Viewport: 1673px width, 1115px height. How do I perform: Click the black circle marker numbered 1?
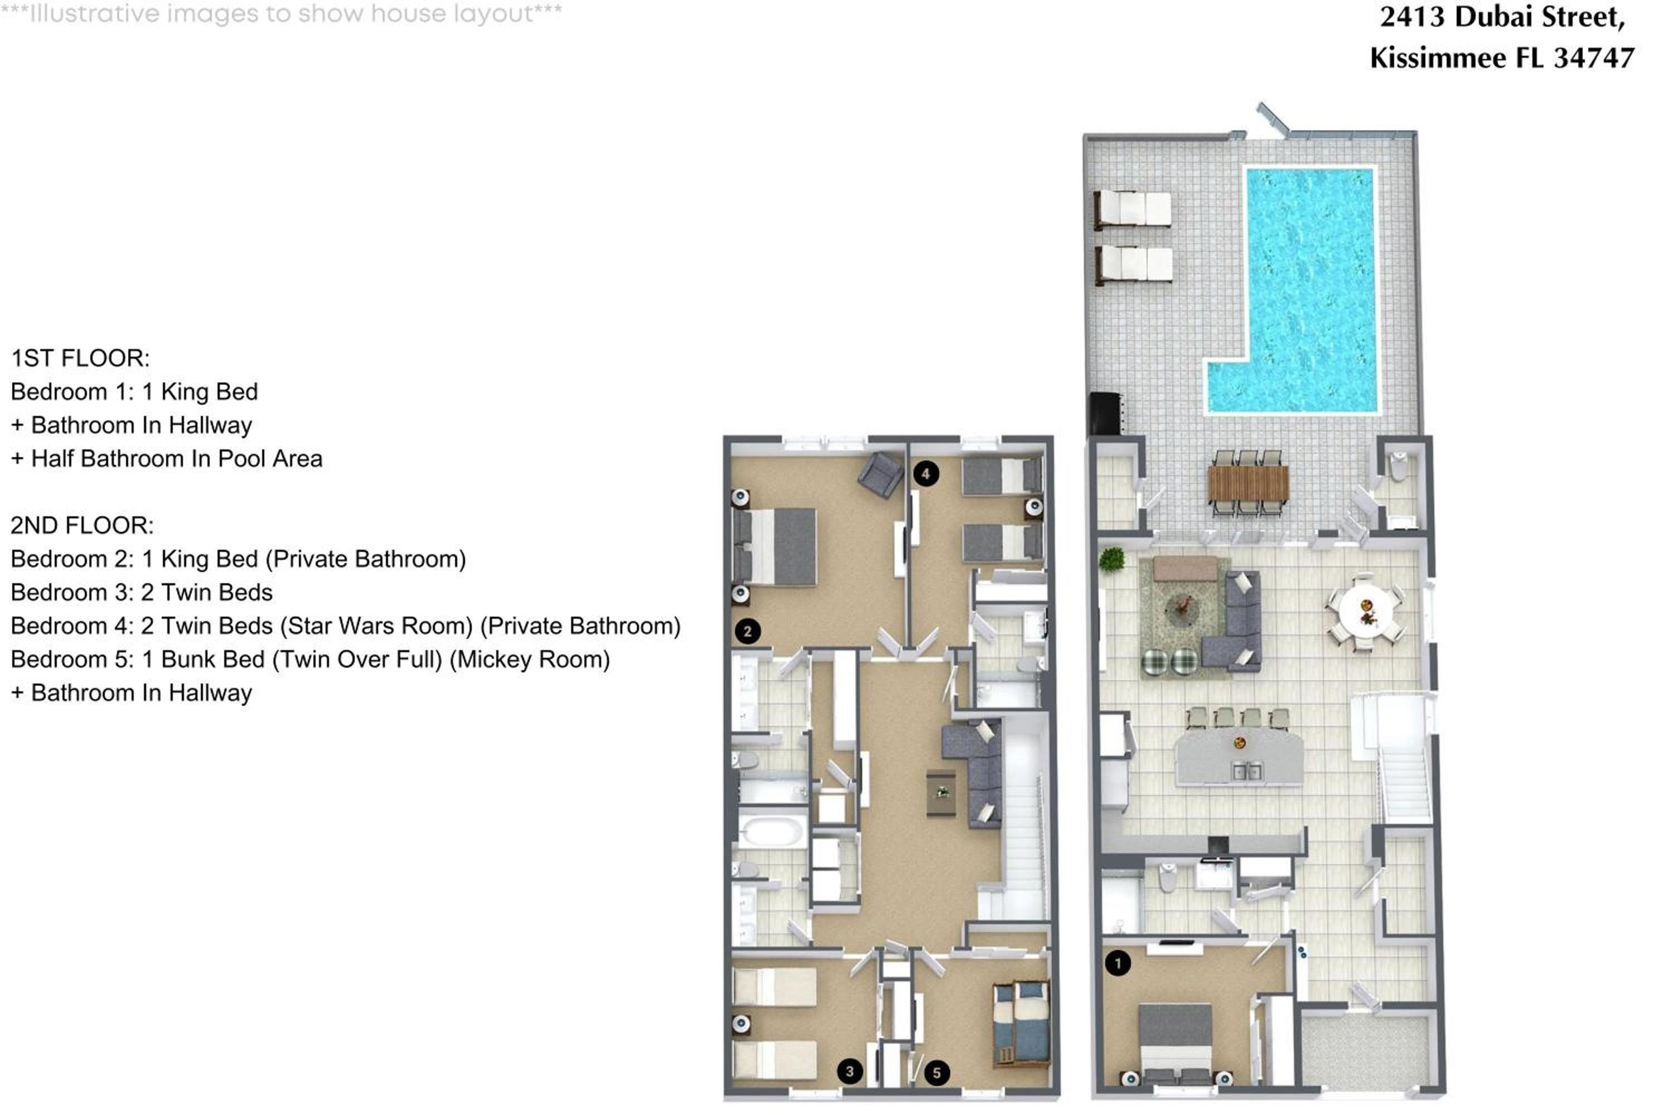click(x=1118, y=963)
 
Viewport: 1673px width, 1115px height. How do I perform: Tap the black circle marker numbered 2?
click(x=748, y=631)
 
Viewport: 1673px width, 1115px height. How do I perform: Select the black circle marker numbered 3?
click(x=850, y=1072)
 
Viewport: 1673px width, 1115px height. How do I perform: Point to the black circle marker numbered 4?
click(x=925, y=473)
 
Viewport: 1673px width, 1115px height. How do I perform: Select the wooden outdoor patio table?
click(x=1249, y=483)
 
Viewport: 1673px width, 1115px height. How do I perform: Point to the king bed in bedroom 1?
click(x=1175, y=1042)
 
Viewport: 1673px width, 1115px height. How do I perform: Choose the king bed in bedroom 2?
click(x=775, y=546)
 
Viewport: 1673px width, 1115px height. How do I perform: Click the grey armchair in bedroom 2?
click(x=881, y=474)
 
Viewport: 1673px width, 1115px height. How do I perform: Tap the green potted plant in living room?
click(x=1111, y=559)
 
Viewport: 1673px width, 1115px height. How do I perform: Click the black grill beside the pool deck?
click(x=1106, y=413)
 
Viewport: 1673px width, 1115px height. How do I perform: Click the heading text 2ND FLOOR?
click(x=82, y=526)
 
